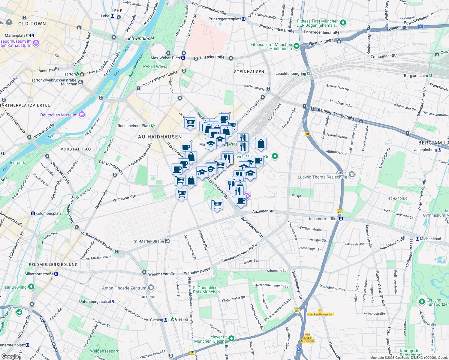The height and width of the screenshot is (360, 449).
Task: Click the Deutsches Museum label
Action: [59, 115]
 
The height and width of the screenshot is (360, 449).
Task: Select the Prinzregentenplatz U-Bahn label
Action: [227, 19]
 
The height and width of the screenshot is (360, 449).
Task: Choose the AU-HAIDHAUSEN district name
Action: [160, 137]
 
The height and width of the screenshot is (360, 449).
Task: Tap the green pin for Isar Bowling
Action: [31, 287]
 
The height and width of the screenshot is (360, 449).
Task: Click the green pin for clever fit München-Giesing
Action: [231, 339]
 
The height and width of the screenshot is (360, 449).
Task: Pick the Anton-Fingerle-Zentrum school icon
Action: [151, 288]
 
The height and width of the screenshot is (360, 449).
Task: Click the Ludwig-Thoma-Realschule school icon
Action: [352, 174]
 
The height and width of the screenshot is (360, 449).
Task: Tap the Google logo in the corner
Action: [10, 356]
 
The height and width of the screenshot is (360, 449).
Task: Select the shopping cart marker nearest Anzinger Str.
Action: [217, 205]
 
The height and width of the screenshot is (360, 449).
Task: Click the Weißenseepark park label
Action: [104, 351]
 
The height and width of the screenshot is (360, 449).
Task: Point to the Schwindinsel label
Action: [140, 38]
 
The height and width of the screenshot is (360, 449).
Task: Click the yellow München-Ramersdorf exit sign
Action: [320, 314]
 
